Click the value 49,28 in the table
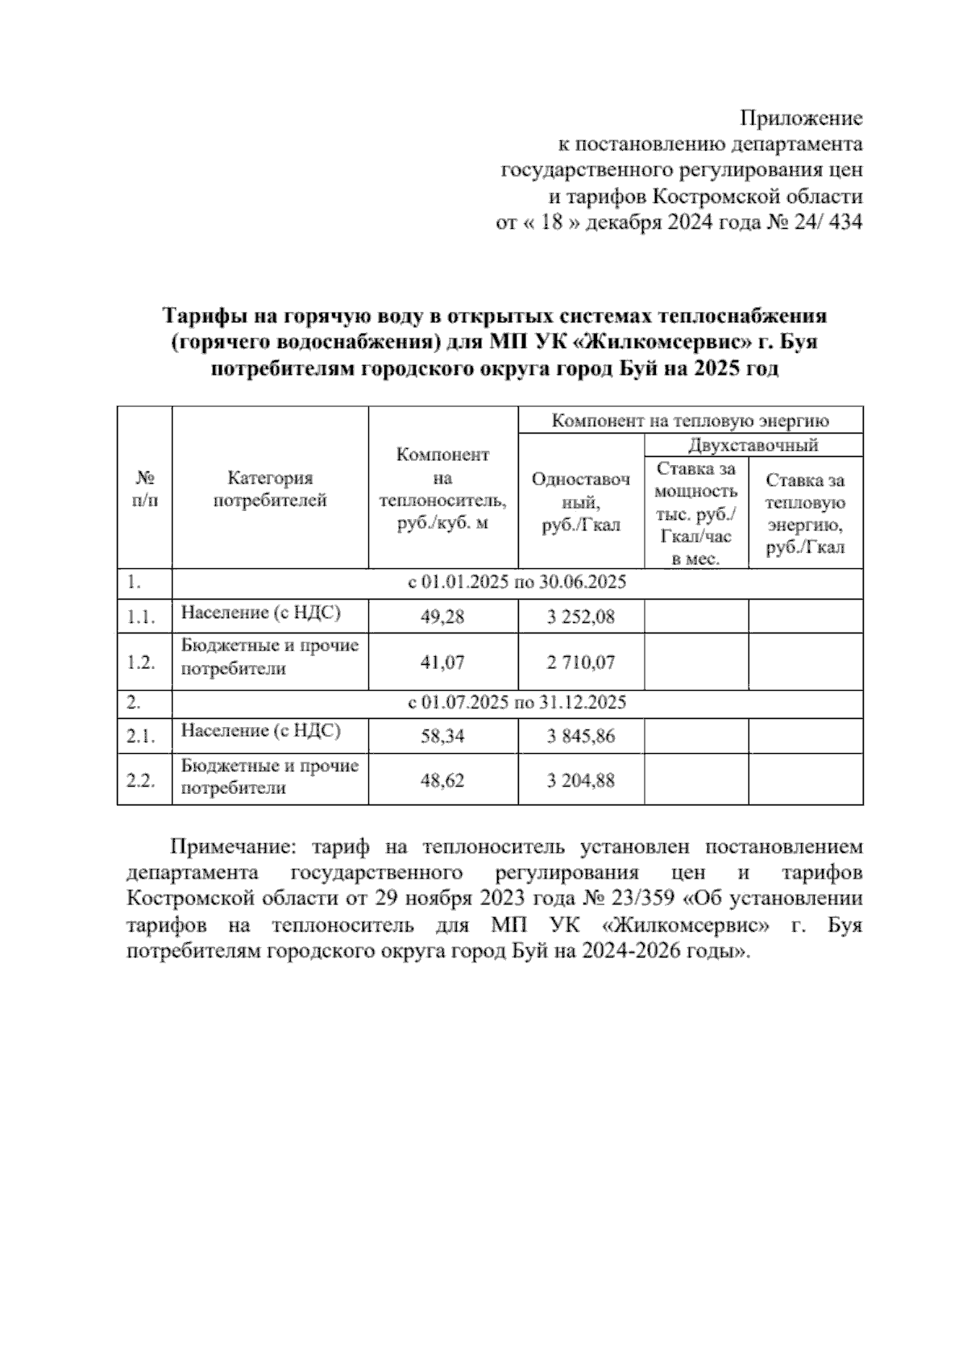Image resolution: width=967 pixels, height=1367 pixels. coord(442,617)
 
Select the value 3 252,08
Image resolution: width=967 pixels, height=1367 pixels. coord(580,617)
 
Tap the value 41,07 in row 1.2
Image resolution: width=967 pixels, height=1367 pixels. coord(442,663)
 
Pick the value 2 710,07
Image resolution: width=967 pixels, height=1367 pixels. coord(580,663)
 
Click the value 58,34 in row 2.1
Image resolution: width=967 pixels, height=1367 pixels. coord(442,736)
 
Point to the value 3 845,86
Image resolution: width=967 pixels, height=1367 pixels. coord(580,736)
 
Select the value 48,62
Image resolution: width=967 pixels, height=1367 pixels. coord(442,780)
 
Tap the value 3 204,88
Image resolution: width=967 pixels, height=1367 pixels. coord(580,780)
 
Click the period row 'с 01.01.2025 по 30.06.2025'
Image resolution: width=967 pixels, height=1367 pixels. coord(517,583)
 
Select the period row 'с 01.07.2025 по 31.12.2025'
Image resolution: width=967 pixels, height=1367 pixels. coord(517,703)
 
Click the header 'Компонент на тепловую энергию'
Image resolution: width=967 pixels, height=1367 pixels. coord(690,420)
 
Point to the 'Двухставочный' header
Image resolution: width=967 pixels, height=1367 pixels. coord(753,445)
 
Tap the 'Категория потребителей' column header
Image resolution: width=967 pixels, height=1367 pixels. coord(270,489)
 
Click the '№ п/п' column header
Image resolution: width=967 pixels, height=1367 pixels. coord(145,489)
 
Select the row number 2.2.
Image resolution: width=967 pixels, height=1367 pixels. coord(141,781)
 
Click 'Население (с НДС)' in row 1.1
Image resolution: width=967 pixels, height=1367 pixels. coord(260,613)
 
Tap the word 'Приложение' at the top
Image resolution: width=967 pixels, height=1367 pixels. coord(801,119)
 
